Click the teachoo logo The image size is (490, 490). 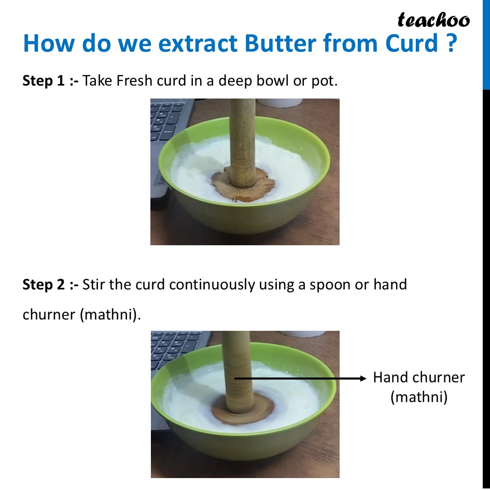433,20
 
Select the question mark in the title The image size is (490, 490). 451,44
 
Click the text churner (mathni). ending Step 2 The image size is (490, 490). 81,315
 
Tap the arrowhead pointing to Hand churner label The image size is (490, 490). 363,379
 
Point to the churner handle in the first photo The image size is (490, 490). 242,135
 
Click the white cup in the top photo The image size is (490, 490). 280,103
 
